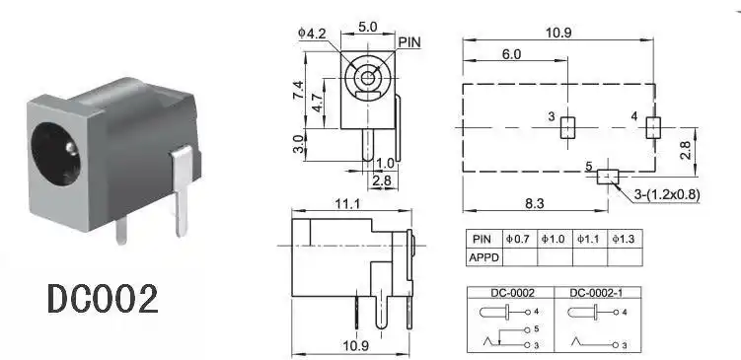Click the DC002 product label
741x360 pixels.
tap(102, 298)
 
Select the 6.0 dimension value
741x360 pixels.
tap(511, 55)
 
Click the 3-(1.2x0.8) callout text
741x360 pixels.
tap(667, 194)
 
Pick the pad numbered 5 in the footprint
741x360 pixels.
tap(606, 177)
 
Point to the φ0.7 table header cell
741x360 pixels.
tap(518, 239)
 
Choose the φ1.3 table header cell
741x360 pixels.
tap(625, 239)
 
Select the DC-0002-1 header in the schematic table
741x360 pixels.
tap(595, 293)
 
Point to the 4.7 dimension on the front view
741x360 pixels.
tap(315, 104)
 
